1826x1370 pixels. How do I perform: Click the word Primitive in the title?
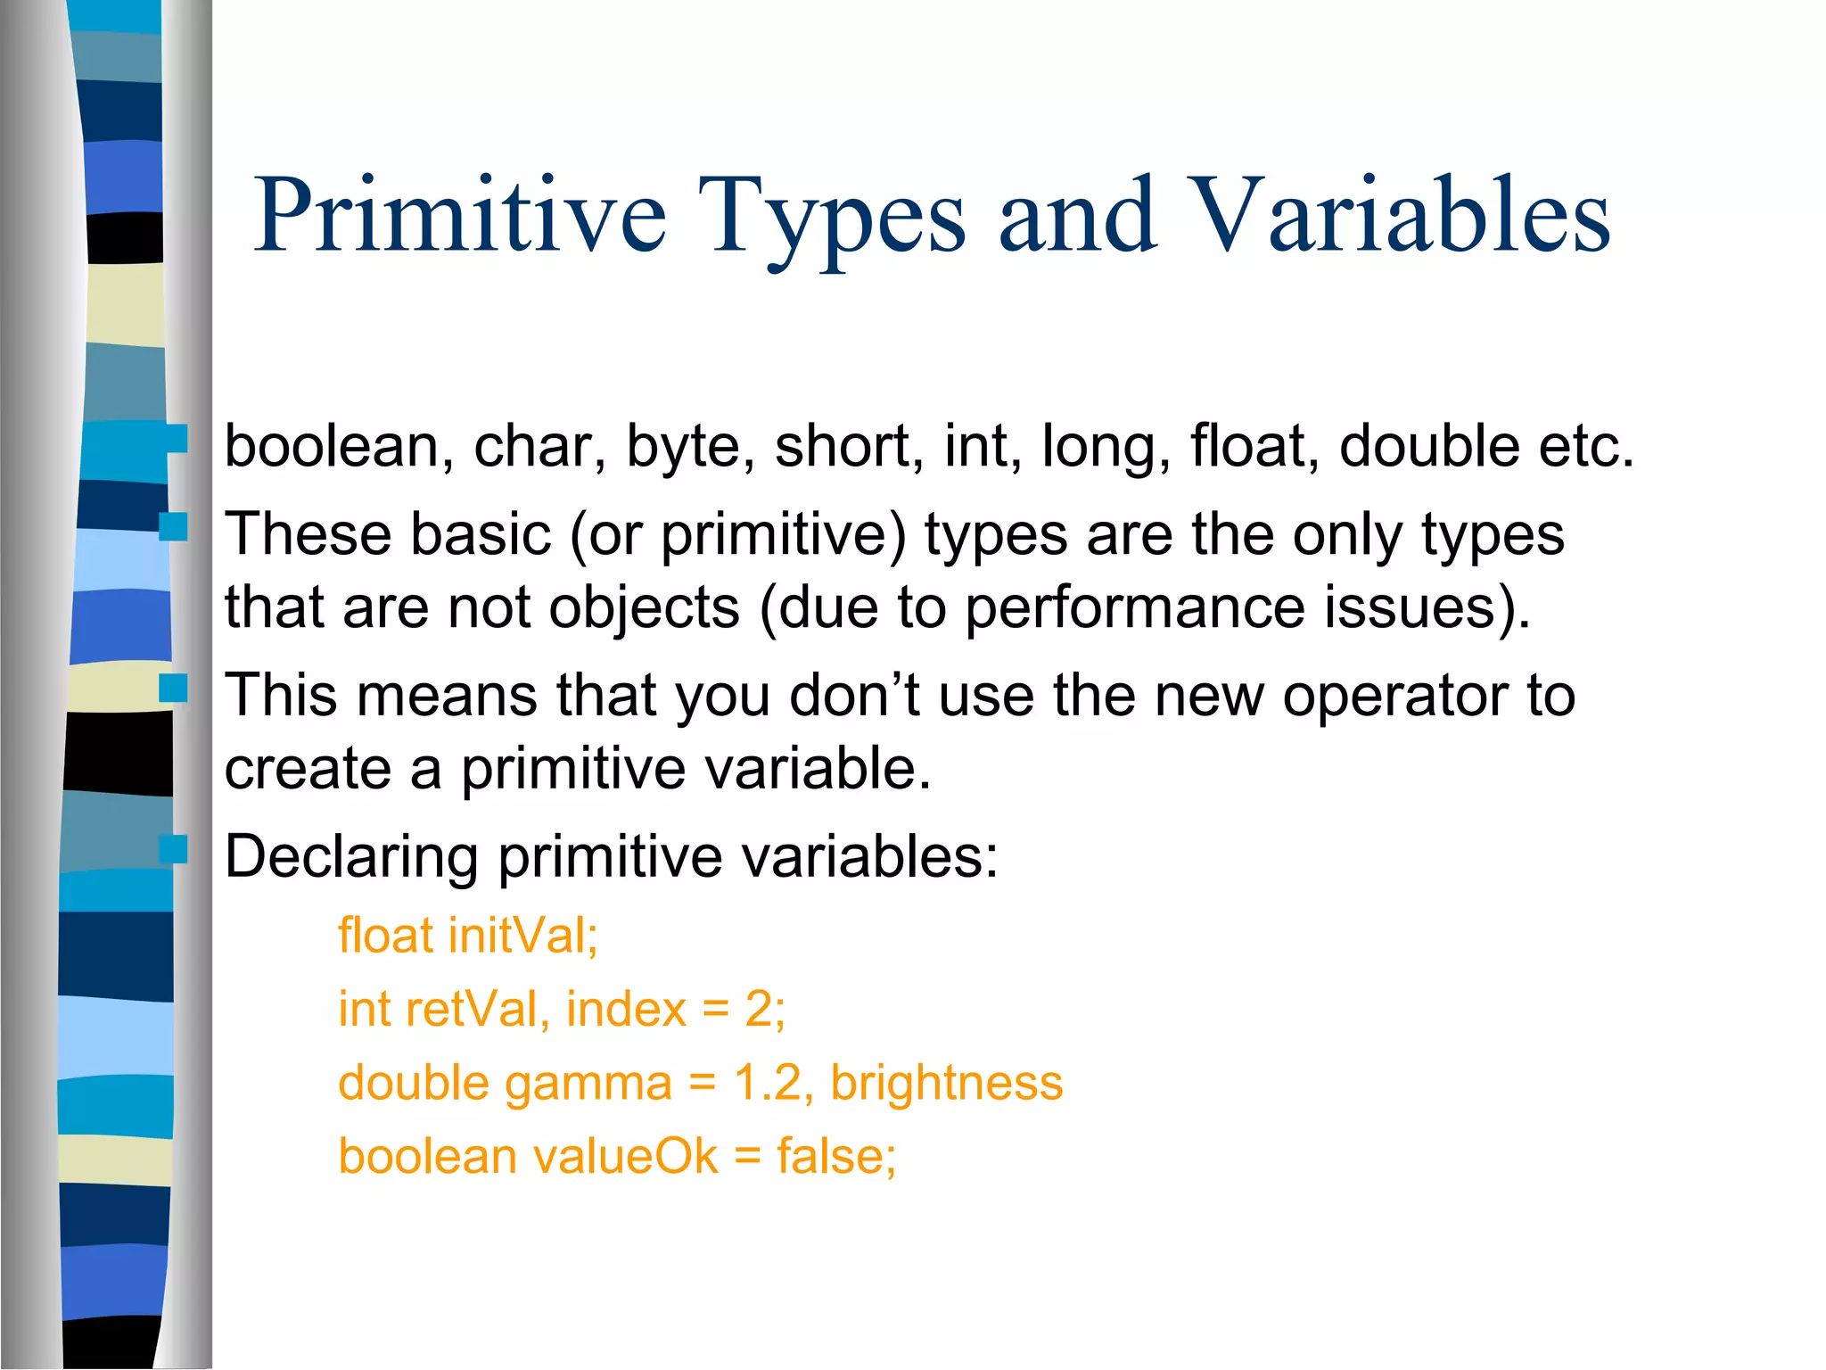459,216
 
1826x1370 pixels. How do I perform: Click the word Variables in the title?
1400,216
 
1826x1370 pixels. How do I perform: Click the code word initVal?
523,937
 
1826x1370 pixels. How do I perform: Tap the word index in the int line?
626,1010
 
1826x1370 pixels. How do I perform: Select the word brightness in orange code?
946,1084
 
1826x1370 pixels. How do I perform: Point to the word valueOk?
625,1157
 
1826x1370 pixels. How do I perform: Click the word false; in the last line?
835,1157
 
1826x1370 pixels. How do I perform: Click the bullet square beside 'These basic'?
173,527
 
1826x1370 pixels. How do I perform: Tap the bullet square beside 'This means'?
173,688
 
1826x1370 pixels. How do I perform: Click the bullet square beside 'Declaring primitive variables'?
173,849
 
